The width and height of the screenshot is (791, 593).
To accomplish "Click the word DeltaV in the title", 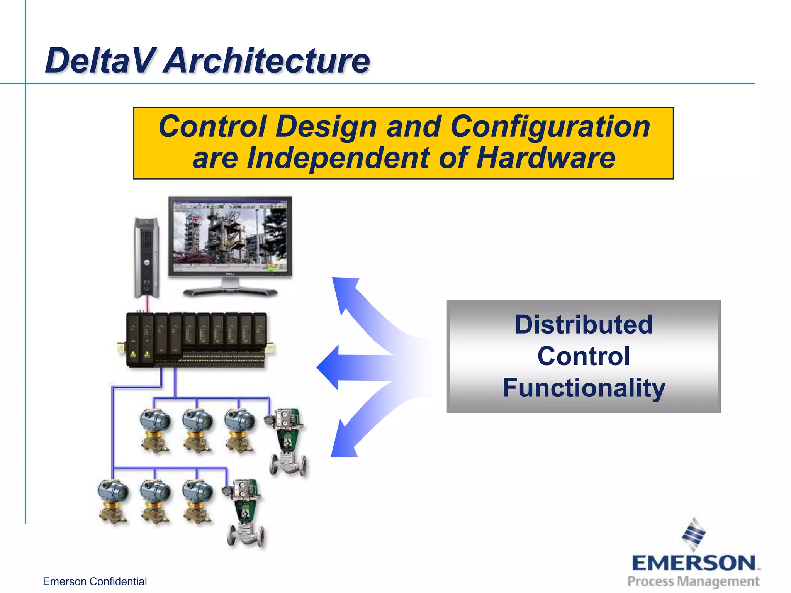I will click(x=98, y=61).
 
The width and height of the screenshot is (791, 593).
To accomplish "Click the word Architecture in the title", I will click(x=266, y=61).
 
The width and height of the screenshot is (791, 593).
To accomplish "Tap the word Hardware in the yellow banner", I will click(x=545, y=158).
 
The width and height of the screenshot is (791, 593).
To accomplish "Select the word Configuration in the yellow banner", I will click(x=550, y=126).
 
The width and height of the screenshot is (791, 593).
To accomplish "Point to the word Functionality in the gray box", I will click(x=584, y=388).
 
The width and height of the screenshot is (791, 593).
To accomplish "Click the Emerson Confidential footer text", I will click(x=95, y=581).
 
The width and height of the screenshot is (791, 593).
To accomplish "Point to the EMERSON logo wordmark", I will click(x=694, y=563).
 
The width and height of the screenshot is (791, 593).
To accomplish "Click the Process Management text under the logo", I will click(x=694, y=581).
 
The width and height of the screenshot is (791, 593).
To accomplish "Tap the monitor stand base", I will click(x=231, y=291).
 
